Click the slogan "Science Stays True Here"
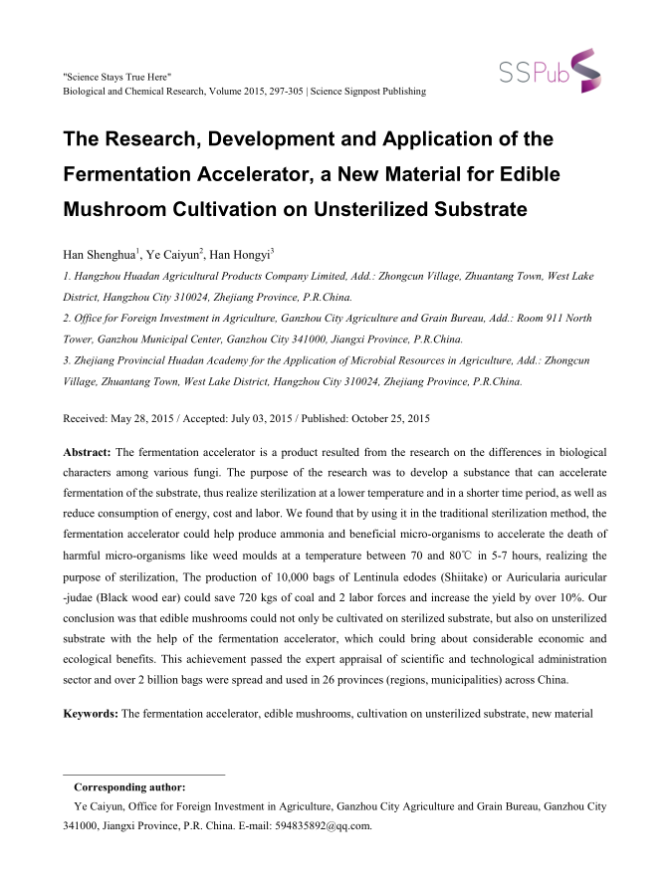[116, 76]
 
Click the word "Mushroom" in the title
[118, 210]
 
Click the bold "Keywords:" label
[91, 714]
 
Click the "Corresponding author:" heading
[136, 787]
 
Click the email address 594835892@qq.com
[323, 824]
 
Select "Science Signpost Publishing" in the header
[368, 92]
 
